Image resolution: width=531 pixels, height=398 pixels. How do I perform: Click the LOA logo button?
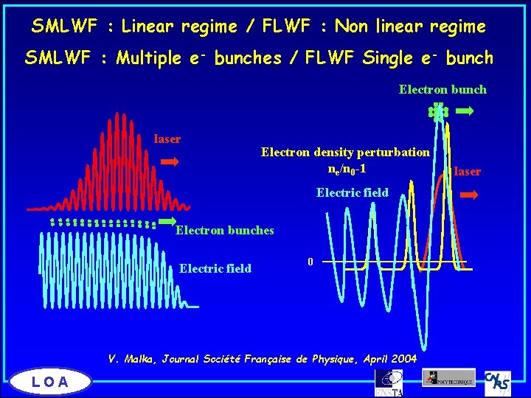point(51,381)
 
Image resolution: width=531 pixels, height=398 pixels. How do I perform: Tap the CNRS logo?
point(498,381)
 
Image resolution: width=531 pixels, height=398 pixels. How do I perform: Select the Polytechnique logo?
point(449,377)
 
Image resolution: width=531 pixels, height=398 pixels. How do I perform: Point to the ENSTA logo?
point(389,383)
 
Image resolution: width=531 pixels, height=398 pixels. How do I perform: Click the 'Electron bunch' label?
point(442,90)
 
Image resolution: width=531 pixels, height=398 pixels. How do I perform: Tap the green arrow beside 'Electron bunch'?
point(465,111)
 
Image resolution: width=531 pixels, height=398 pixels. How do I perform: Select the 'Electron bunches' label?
point(224,231)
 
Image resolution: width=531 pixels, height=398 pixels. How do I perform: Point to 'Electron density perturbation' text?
point(345,153)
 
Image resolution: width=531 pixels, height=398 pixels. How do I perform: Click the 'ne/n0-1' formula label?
point(347,169)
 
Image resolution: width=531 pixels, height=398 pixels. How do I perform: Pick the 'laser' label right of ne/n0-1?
point(467,172)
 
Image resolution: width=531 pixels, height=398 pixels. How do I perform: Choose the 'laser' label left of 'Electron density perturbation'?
point(167,139)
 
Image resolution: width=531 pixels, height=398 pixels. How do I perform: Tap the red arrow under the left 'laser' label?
point(170,161)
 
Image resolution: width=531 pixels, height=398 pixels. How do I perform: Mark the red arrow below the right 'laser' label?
point(469,195)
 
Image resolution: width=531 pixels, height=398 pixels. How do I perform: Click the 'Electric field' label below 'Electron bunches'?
point(215,269)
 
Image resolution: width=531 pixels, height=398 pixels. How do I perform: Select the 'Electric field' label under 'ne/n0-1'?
point(352,193)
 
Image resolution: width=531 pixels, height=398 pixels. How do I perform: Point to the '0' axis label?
point(311,262)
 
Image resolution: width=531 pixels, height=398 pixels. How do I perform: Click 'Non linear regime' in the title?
point(410,27)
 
